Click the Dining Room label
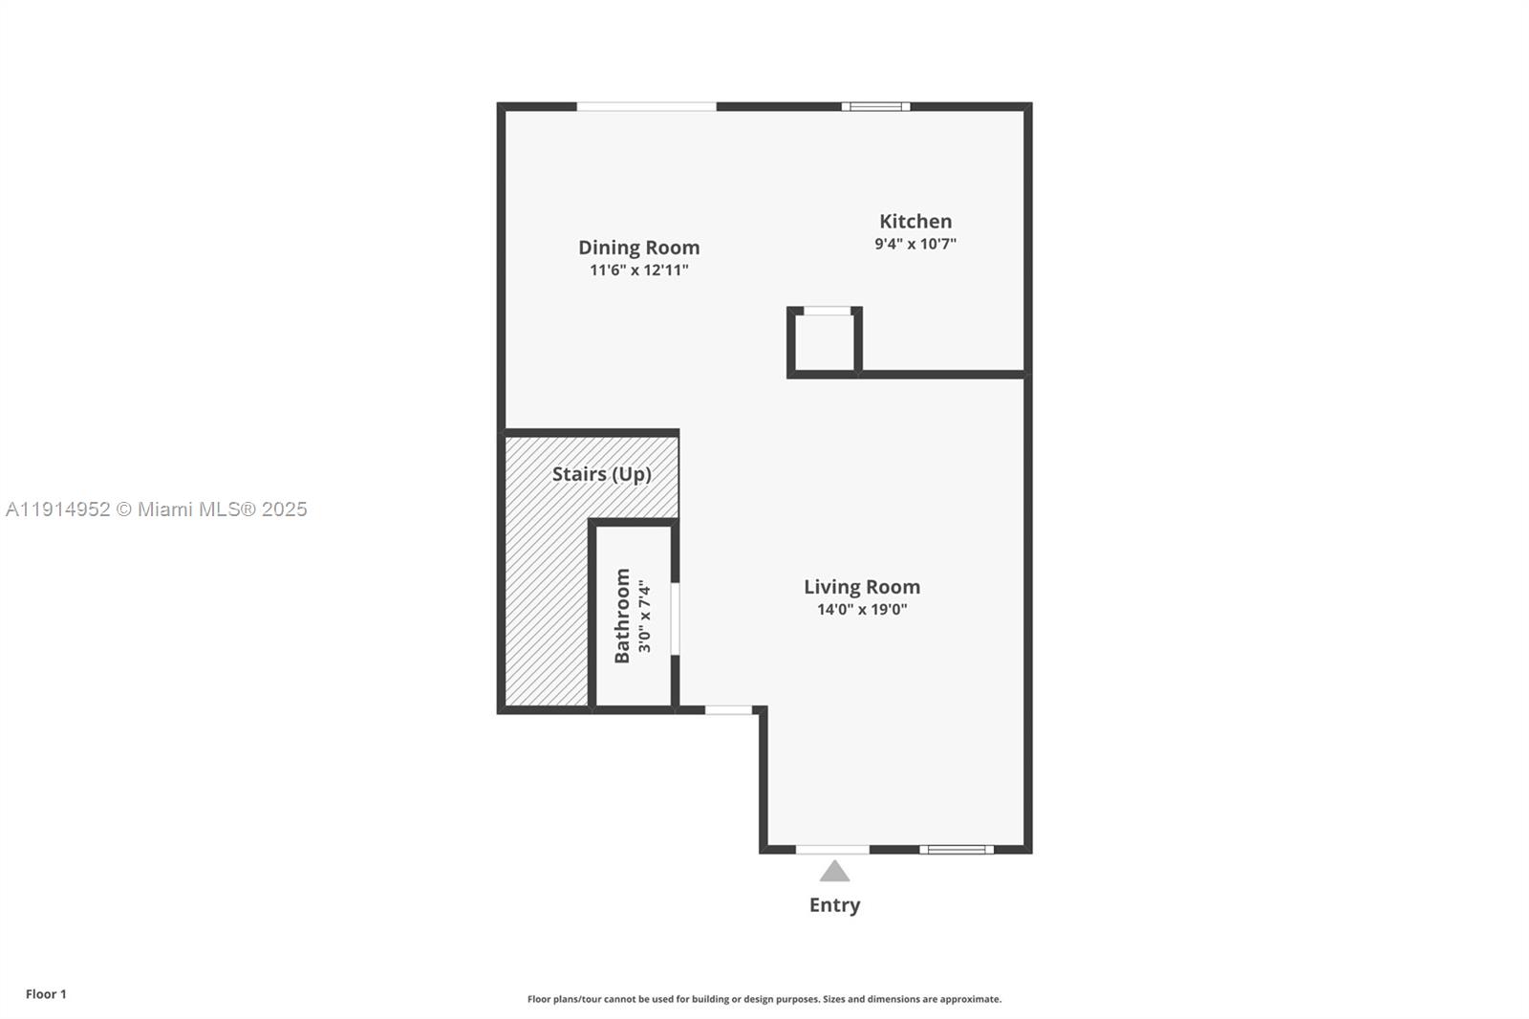click(638, 248)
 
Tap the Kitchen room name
click(915, 222)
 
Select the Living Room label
click(861, 587)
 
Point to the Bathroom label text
click(622, 616)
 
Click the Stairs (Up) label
click(601, 474)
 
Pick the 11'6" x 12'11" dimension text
click(638, 271)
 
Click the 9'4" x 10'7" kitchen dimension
click(915, 244)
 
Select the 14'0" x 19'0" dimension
click(861, 610)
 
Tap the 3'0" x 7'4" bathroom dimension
click(645, 617)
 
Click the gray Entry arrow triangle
click(834, 872)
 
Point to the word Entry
click(834, 905)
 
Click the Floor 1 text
click(46, 994)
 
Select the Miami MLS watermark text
click(156, 509)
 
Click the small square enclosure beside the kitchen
click(824, 342)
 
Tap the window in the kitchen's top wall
click(875, 107)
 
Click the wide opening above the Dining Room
click(646, 107)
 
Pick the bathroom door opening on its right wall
click(675, 618)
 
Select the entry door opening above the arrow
click(832, 849)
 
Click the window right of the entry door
click(956, 849)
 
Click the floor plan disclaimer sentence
click(764, 999)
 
